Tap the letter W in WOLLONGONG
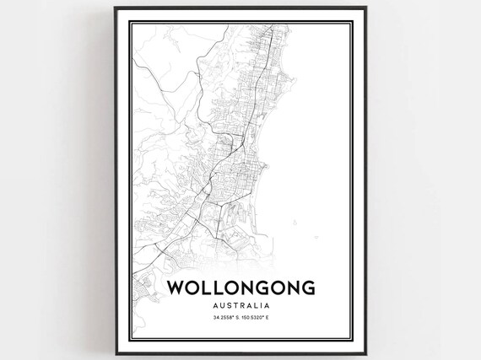[x=176, y=286]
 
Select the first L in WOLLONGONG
[x=208, y=286]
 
